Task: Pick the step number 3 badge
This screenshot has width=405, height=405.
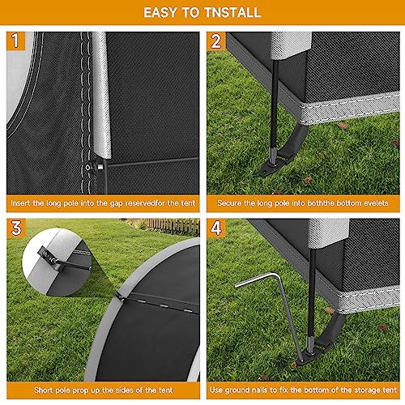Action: [15, 228]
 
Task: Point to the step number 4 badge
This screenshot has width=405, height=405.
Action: [216, 228]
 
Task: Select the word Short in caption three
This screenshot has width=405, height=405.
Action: [18, 390]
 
